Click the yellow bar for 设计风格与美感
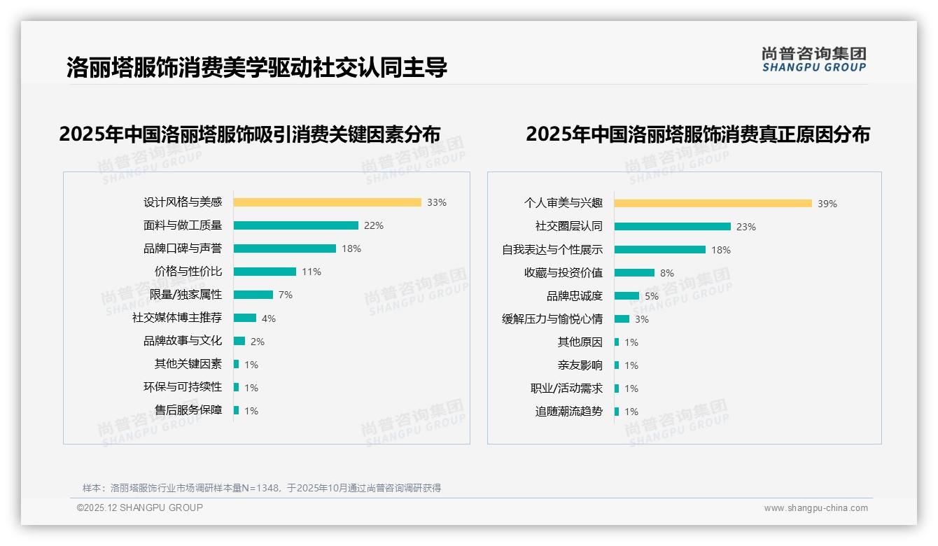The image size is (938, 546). tap(327, 202)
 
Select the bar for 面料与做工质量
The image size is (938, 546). tap(295, 225)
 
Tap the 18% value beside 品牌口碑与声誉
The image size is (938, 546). tap(351, 248)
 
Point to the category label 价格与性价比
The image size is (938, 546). tap(188, 272)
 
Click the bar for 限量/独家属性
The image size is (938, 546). tap(253, 295)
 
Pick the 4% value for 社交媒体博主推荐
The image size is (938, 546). tap(269, 318)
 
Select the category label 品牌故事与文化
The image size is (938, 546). tap(183, 341)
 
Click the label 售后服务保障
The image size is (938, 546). tap(188, 410)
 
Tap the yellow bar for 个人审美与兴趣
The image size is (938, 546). tap(713, 203)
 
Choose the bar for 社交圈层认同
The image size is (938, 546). tap(672, 226)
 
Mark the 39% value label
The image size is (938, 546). tap(827, 204)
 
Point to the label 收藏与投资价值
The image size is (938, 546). tap(563, 273)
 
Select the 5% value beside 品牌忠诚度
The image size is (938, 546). tap(652, 296)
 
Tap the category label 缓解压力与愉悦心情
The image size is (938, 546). tap(552, 319)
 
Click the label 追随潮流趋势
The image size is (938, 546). tap(568, 412)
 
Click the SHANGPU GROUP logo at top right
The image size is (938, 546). tap(813, 59)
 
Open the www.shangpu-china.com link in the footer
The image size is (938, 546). tap(815, 508)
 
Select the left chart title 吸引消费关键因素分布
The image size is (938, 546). tap(250, 134)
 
